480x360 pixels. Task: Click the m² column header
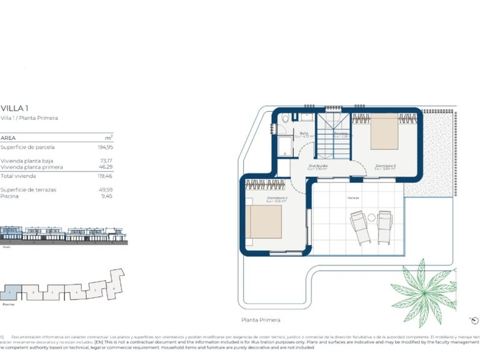pyautogui.click(x=108, y=137)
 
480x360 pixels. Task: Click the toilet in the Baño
pyautogui.click(x=285, y=117)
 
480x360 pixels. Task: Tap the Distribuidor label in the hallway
pyautogui.click(x=318, y=166)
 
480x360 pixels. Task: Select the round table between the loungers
pyautogui.click(x=371, y=217)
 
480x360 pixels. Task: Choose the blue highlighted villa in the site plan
pyautogui.click(x=11, y=292)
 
